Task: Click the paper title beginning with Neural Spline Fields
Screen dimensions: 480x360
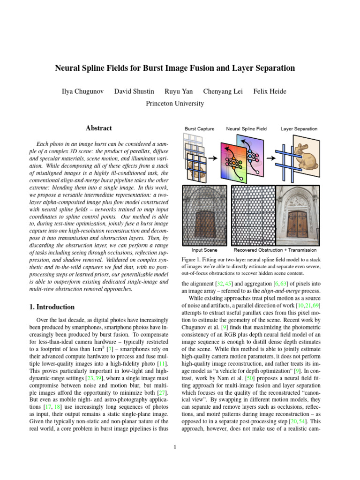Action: [x=175, y=68]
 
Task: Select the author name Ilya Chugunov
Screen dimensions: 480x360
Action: [x=82, y=90]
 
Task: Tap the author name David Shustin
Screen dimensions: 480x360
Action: [x=133, y=90]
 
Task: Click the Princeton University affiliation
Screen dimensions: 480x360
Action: [x=175, y=103]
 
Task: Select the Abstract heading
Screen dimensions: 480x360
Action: [x=99, y=128]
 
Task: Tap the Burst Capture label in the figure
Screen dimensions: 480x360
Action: [x=199, y=128]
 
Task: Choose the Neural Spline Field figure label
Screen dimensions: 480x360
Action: [x=247, y=128]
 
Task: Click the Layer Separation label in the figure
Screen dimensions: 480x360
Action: [x=299, y=128]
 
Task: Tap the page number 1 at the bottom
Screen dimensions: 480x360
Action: [x=174, y=447]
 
